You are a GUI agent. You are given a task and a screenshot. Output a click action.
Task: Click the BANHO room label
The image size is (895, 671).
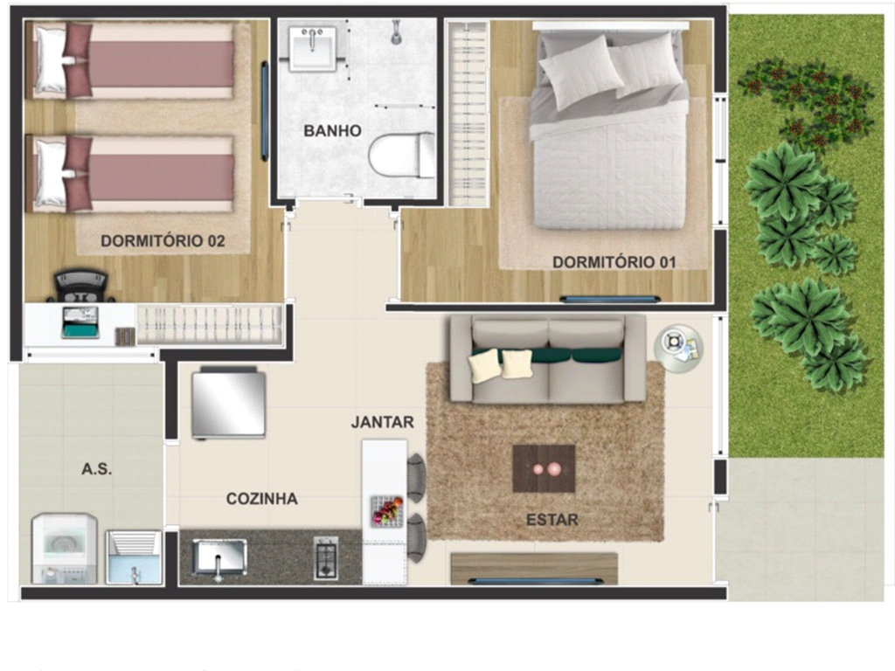(332, 131)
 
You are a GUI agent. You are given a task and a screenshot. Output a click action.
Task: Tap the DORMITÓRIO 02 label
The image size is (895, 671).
(163, 241)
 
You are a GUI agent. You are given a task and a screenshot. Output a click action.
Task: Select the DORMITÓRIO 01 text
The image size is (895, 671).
(614, 262)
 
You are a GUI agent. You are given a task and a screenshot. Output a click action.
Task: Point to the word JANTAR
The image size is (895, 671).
(382, 422)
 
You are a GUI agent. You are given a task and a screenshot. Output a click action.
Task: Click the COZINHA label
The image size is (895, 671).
(262, 499)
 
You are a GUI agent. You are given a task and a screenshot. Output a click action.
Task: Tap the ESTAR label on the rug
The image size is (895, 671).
(552, 520)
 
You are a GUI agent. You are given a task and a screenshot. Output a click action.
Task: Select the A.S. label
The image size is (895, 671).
(96, 469)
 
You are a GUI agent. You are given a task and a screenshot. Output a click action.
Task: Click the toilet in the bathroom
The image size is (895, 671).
(401, 155)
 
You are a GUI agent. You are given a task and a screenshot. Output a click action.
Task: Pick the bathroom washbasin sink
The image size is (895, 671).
(312, 49)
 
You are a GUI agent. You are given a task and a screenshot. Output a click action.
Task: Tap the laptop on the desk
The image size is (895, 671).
(80, 322)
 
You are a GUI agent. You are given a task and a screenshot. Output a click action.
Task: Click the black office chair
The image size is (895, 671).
(80, 286)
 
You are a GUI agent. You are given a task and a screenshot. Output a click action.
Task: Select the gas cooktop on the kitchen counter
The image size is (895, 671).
(326, 557)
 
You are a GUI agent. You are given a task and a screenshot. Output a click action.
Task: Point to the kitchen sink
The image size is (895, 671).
(219, 557)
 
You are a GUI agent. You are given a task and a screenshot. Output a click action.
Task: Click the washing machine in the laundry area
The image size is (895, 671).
(64, 549)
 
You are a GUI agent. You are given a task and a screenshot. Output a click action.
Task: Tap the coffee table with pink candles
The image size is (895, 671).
(544, 469)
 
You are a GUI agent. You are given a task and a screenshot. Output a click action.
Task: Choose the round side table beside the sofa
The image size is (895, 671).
(678, 349)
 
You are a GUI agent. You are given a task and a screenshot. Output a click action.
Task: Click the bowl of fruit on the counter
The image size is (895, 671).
(387, 511)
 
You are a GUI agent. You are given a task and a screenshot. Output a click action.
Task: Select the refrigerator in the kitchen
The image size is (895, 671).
(228, 404)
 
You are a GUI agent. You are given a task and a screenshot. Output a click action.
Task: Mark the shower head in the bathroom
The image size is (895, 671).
(396, 32)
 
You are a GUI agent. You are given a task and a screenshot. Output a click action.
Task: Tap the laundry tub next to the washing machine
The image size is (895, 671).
(134, 557)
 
